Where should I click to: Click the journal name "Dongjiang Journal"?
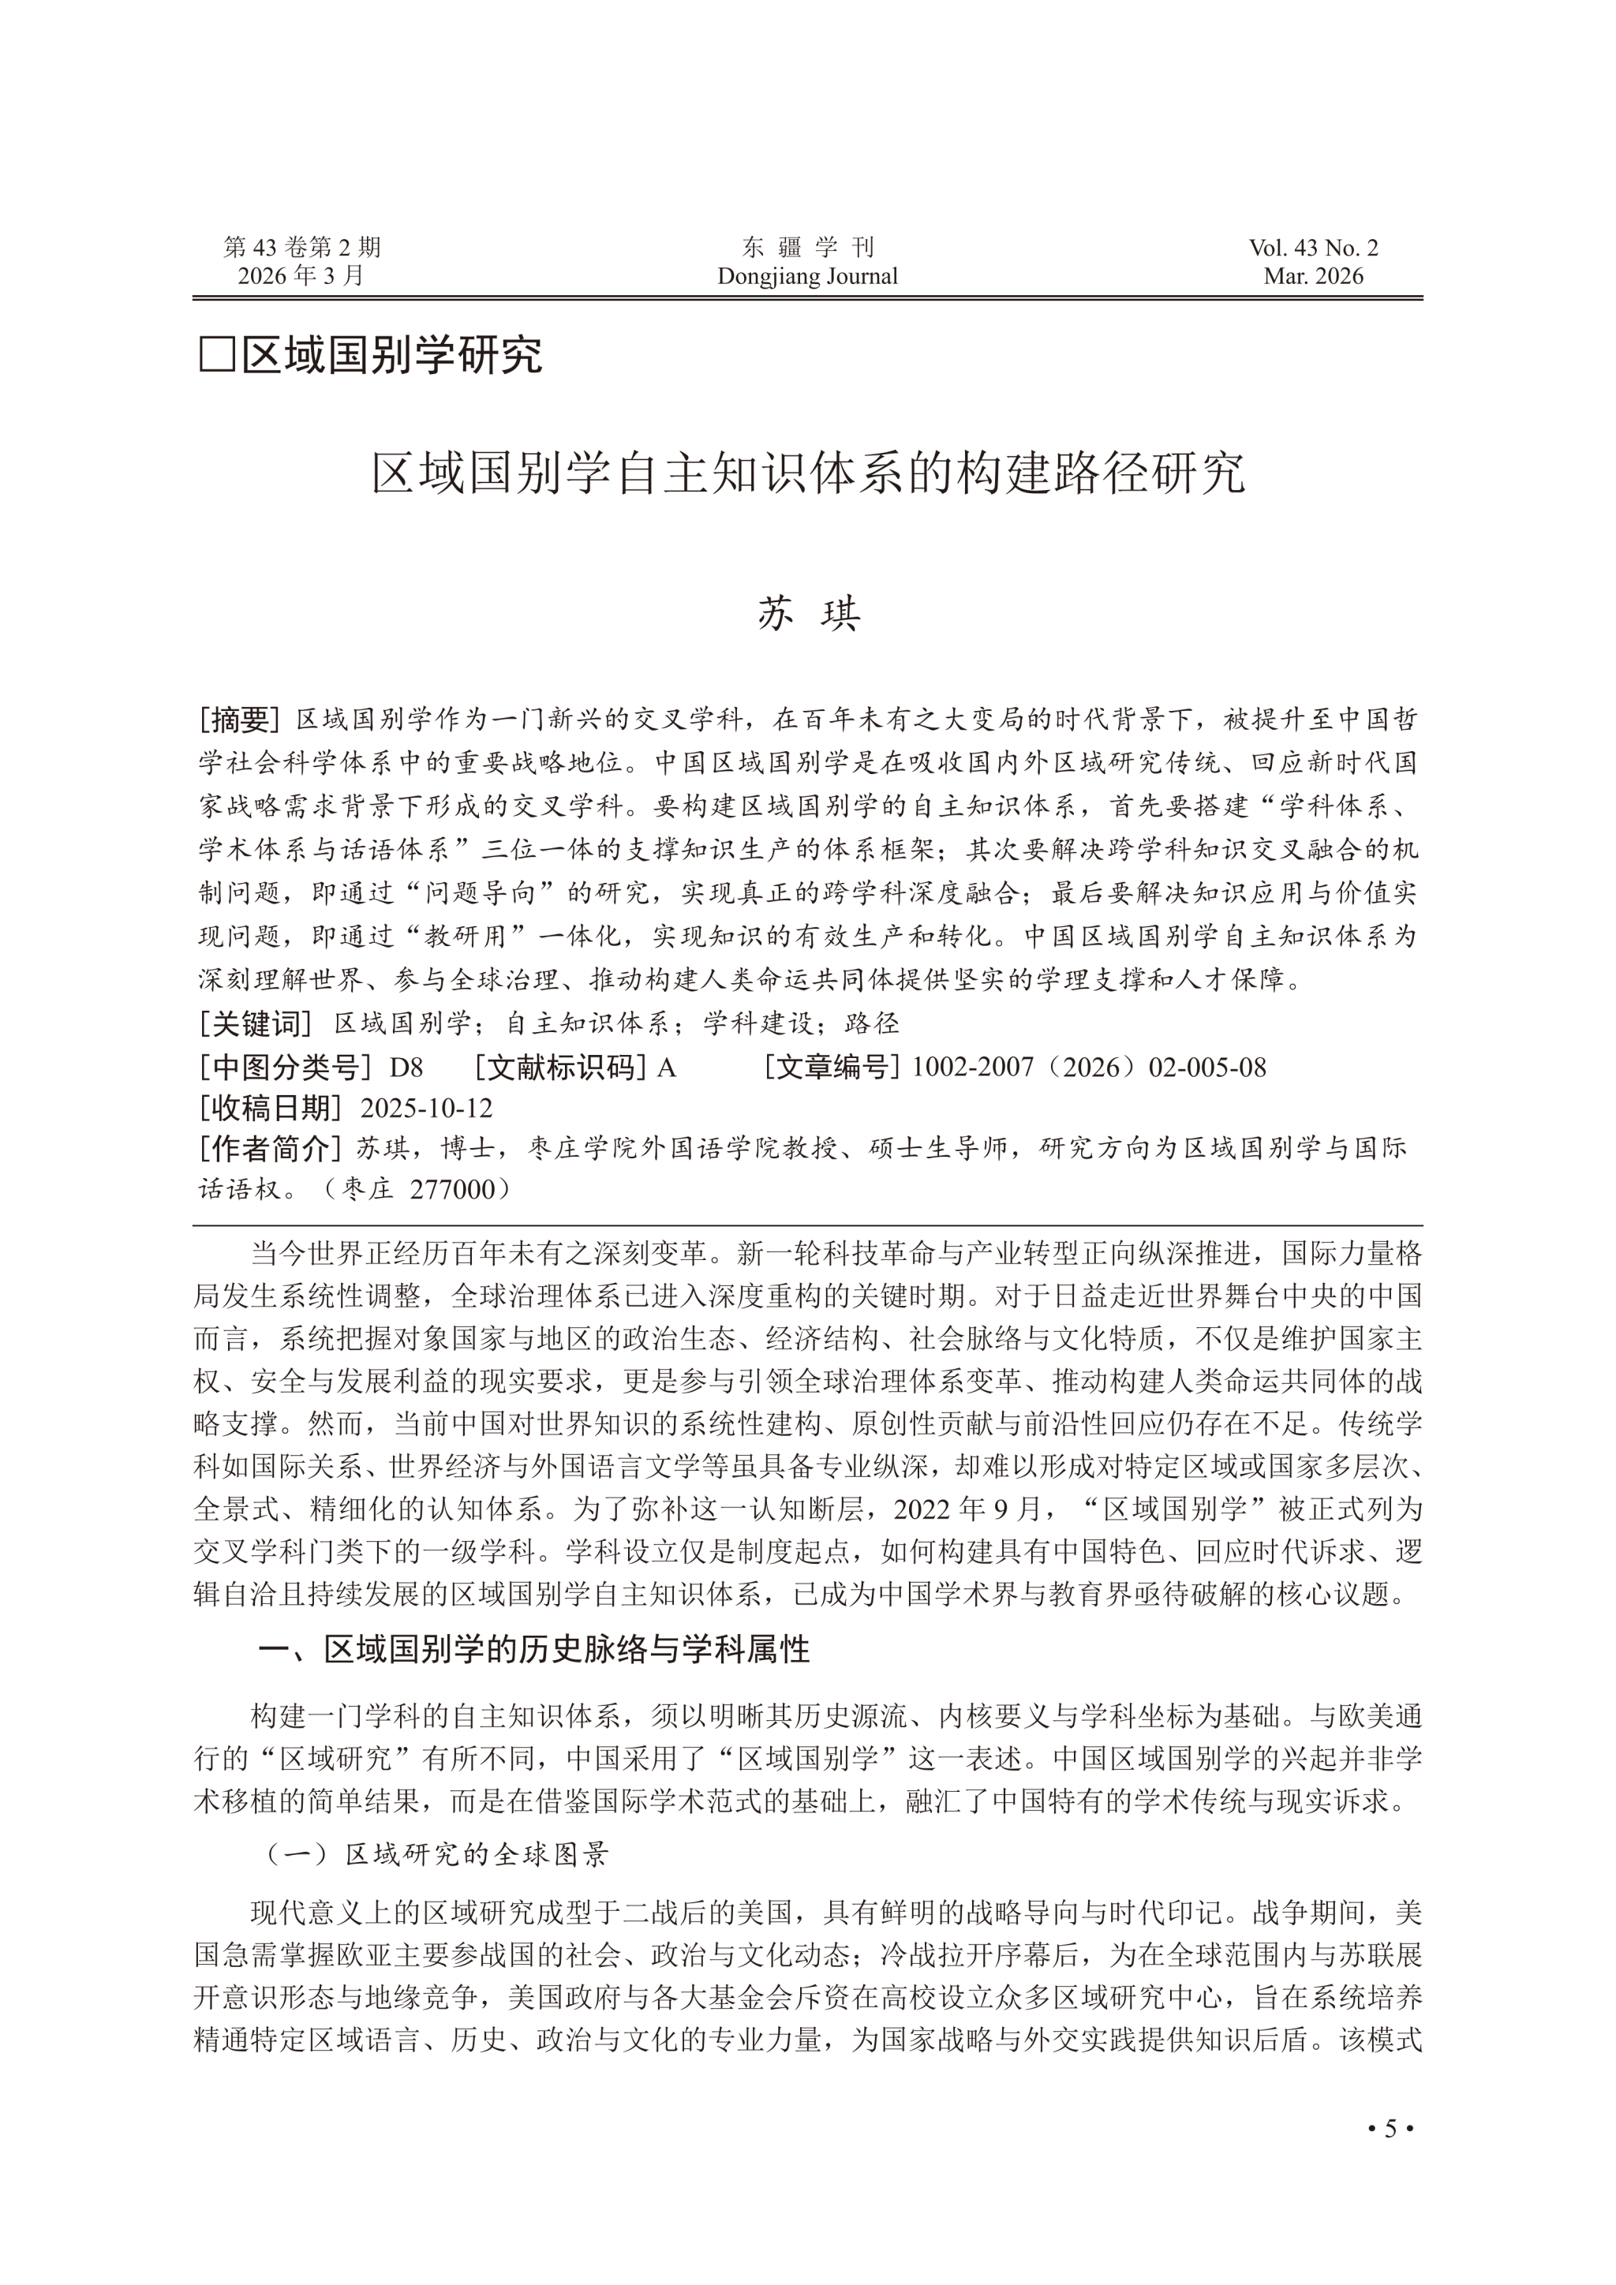click(807, 277)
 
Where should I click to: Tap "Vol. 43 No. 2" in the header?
click(1314, 249)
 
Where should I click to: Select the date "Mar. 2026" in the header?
click(1314, 277)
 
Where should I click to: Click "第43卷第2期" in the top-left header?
click(301, 248)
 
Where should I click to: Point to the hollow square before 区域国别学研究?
click(216, 355)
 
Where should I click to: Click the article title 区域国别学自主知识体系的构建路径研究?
click(807, 473)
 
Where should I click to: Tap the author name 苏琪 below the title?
click(808, 614)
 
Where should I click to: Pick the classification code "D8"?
click(406, 1068)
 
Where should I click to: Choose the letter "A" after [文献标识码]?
click(667, 1068)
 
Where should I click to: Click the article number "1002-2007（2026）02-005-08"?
click(1089, 1068)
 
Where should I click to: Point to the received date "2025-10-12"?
click(426, 1109)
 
